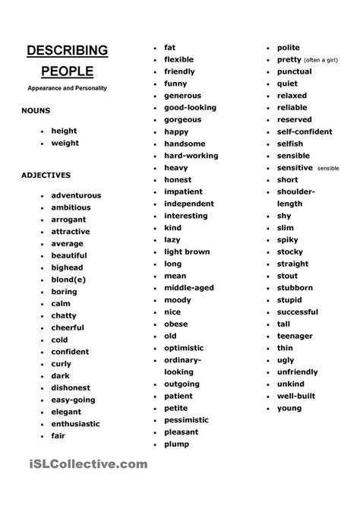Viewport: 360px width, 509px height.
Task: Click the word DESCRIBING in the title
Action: click(68, 52)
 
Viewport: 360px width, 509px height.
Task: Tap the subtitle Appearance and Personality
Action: click(67, 89)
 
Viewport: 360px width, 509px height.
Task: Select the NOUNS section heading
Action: click(36, 111)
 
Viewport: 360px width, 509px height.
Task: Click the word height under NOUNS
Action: click(65, 131)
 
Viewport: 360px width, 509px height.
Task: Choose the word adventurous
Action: click(76, 195)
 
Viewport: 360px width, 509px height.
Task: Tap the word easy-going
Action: click(73, 400)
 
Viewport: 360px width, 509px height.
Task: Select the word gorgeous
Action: click(182, 119)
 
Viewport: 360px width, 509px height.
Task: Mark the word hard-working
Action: click(191, 156)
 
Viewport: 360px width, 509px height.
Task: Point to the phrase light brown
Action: click(186, 251)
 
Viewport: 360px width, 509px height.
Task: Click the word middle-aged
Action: click(189, 288)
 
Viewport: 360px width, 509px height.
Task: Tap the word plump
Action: click(176, 444)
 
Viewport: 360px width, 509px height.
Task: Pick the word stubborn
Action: click(295, 288)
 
